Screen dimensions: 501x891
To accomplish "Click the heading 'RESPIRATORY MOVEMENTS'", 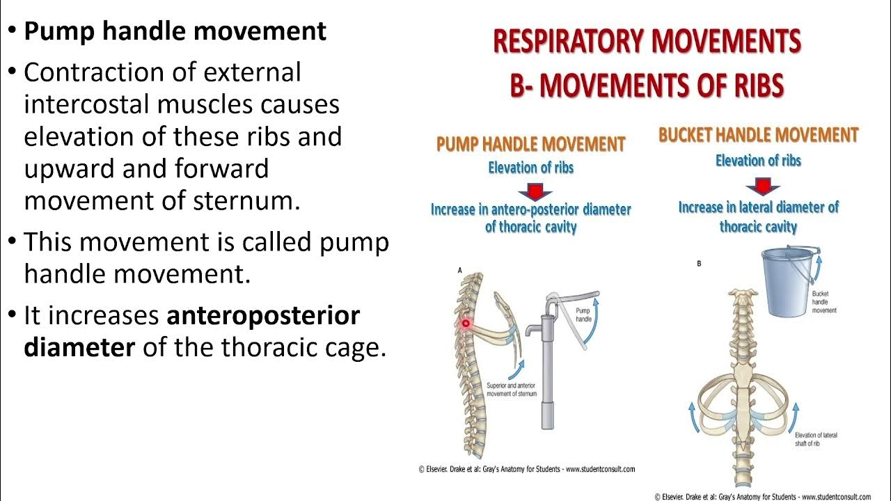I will point(647,42).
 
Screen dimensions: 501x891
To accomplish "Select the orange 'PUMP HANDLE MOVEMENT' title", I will point(530,145).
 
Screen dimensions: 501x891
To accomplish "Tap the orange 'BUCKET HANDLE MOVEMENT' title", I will point(758,135).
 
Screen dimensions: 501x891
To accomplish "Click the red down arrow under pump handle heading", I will point(535,190).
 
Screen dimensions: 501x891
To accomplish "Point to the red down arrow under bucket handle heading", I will point(762,186).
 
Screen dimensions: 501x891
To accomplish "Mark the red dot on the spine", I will point(465,323).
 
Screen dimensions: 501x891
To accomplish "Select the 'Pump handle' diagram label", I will point(583,315).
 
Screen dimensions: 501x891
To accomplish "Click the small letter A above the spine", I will point(459,269).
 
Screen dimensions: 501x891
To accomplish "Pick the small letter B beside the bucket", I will point(699,263).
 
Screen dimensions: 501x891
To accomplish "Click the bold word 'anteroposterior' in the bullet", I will point(263,316).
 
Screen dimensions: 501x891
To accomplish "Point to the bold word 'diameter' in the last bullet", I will point(79,347).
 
